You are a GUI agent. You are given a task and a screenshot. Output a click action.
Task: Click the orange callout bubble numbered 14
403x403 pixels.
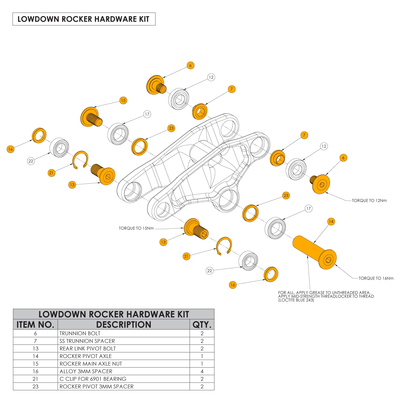(x=331, y=222)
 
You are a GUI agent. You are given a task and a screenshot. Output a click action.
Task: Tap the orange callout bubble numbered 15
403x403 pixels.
(x=123, y=100)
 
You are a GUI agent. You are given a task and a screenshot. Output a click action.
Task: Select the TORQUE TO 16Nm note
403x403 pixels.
(x=376, y=278)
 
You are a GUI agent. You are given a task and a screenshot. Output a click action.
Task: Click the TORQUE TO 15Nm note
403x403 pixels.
(x=136, y=228)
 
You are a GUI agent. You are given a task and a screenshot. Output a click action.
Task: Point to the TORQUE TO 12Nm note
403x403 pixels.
(x=369, y=201)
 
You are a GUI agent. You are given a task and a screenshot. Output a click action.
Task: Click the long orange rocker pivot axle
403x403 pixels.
(x=314, y=252)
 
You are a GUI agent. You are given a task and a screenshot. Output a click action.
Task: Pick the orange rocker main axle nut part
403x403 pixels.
(x=91, y=117)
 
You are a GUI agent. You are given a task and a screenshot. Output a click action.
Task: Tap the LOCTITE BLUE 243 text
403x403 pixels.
(x=296, y=300)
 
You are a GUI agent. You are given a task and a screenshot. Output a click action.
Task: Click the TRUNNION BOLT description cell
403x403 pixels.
(x=80, y=333)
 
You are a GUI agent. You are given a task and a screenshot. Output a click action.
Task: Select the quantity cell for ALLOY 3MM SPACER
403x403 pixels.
(x=202, y=371)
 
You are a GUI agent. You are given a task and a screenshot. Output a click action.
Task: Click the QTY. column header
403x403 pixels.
(x=202, y=325)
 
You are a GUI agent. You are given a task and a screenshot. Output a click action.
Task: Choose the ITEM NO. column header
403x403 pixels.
(x=36, y=325)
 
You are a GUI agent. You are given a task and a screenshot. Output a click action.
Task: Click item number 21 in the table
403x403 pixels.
(x=36, y=379)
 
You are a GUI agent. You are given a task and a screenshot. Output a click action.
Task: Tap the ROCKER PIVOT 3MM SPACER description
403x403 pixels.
(x=96, y=386)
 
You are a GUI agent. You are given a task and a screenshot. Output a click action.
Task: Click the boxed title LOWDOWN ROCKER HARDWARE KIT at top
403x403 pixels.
(x=84, y=19)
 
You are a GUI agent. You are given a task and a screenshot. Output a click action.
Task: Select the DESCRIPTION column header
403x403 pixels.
(x=123, y=325)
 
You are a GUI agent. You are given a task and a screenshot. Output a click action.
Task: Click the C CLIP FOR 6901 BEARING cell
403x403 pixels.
(x=93, y=379)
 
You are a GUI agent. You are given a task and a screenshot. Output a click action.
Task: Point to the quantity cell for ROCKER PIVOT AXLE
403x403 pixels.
(x=202, y=356)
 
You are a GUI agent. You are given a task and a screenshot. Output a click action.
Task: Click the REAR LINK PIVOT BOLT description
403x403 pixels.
(x=88, y=349)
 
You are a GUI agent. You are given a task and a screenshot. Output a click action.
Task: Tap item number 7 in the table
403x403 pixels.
(x=36, y=341)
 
